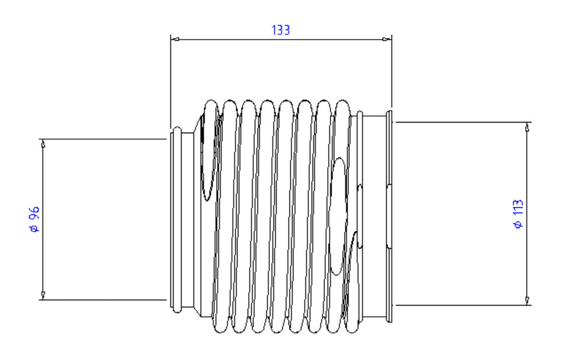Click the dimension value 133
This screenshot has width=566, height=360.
pyautogui.click(x=281, y=30)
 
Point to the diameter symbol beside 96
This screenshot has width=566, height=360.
pyautogui.click(x=34, y=229)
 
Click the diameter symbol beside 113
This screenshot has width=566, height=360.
pyautogui.click(x=519, y=224)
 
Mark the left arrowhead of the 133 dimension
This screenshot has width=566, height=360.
pyautogui.click(x=175, y=40)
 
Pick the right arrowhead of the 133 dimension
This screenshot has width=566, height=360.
pyautogui.click(x=387, y=40)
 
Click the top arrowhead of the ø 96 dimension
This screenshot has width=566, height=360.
pyautogui.click(x=43, y=143)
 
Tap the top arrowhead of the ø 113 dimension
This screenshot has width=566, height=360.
pyautogui.click(x=527, y=127)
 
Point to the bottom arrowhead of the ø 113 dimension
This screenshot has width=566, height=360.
pyautogui.click(x=527, y=301)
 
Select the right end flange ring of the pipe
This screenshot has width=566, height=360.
pyautogui.click(x=389, y=216)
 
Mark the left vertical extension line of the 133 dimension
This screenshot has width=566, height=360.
pyautogui.click(x=171, y=83)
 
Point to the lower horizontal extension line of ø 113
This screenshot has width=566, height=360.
pyautogui.click(x=462, y=306)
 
